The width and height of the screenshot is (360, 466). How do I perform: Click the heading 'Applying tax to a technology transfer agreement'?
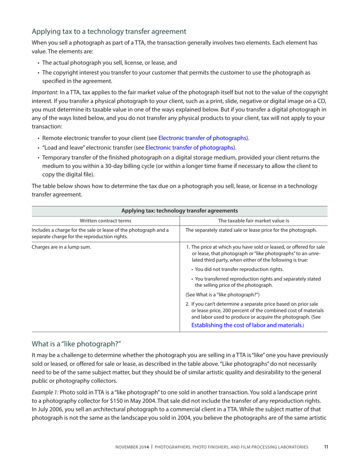(109, 31)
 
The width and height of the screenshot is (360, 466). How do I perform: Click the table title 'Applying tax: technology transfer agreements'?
(179, 211)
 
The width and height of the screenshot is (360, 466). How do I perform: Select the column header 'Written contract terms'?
(106, 220)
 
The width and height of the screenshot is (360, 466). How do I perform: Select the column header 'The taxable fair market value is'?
(254, 220)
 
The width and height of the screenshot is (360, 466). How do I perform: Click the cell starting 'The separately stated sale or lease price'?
(251, 230)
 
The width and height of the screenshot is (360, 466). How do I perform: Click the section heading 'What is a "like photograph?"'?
(76, 344)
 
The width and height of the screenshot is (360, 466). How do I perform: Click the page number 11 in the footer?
(326, 447)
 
